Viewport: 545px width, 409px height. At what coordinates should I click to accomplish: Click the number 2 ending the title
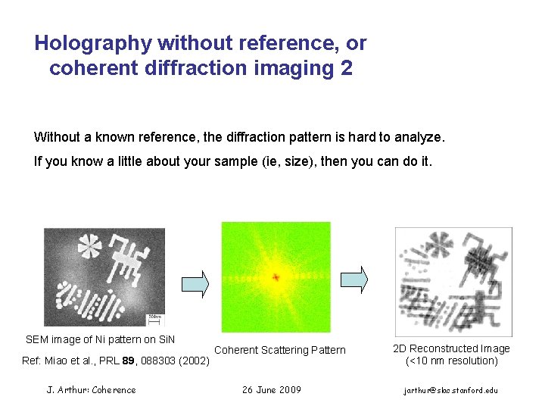347,68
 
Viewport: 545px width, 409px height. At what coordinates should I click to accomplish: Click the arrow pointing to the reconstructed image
353,279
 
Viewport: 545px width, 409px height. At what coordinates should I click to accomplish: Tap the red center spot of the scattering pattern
276,277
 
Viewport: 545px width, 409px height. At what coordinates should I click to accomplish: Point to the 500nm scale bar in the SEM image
155,319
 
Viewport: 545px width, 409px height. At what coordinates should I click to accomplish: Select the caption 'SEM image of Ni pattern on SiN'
101,339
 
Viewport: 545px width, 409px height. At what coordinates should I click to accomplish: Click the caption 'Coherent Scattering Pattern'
280,350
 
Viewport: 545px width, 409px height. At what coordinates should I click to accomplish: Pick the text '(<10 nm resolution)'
452,361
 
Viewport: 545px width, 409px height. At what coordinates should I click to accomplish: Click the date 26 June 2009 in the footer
272,390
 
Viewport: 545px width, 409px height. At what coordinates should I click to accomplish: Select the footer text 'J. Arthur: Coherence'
92,390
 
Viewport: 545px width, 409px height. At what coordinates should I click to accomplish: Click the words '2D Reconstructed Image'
452,348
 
